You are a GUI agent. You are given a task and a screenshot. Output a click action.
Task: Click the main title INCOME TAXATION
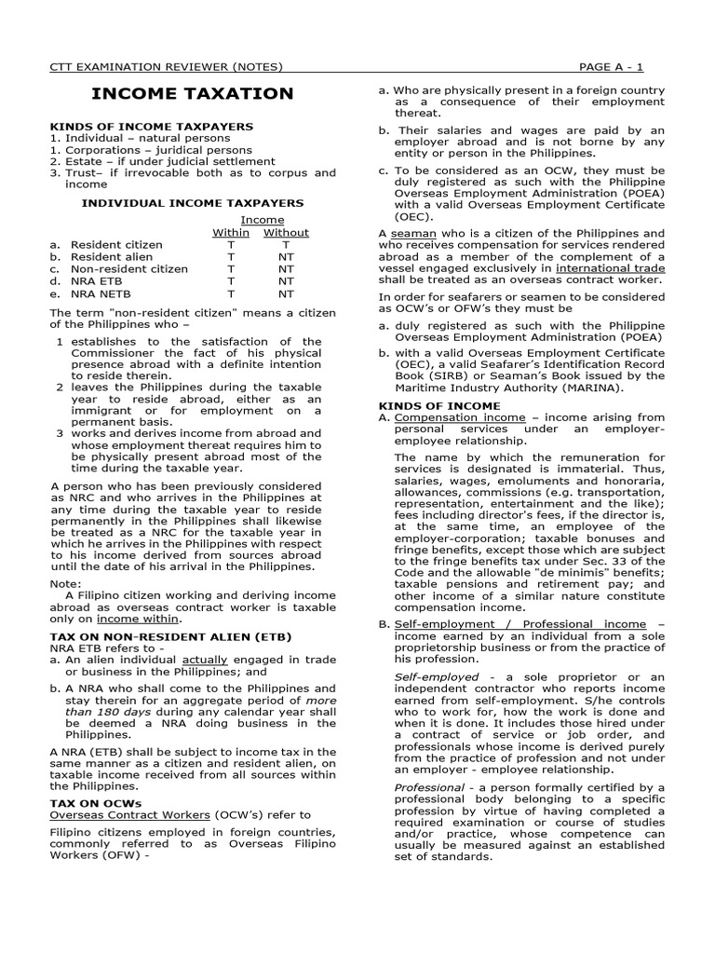click(192, 93)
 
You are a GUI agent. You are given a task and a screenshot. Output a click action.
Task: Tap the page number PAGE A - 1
click(623, 66)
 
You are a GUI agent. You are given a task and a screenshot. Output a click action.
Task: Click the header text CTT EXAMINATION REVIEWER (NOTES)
click(166, 66)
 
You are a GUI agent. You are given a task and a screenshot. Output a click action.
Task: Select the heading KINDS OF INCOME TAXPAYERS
click(151, 126)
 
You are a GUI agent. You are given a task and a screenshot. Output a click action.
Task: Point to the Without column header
click(286, 232)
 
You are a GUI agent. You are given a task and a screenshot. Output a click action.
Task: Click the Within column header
click(231, 232)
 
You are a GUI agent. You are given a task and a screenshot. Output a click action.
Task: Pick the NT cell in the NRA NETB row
click(286, 293)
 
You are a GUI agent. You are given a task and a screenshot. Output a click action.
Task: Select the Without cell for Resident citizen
click(286, 245)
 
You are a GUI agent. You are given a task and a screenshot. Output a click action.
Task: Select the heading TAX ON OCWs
click(95, 801)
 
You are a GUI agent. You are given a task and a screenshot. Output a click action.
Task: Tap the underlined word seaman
click(411, 232)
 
